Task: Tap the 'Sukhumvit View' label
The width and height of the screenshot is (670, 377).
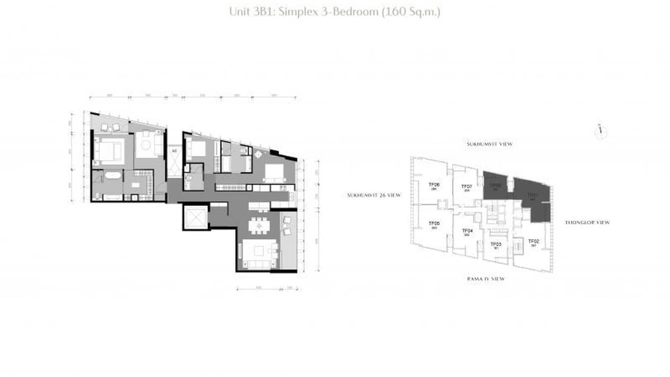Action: point(489,144)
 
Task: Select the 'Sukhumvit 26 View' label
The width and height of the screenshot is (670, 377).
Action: point(374,195)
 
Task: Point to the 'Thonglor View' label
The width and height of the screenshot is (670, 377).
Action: point(587,222)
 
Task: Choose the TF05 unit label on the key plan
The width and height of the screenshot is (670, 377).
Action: point(434,224)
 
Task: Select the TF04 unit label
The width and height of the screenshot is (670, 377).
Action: point(468,231)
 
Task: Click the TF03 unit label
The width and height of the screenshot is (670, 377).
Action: point(496,244)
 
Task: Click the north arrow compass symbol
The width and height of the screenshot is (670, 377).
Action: point(601,131)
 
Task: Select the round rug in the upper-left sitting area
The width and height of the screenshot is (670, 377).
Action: point(146,144)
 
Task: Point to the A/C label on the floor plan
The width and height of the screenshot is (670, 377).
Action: point(174,149)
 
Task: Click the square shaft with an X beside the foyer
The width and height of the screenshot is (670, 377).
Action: point(194,216)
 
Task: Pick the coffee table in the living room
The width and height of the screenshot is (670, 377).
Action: point(259,250)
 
